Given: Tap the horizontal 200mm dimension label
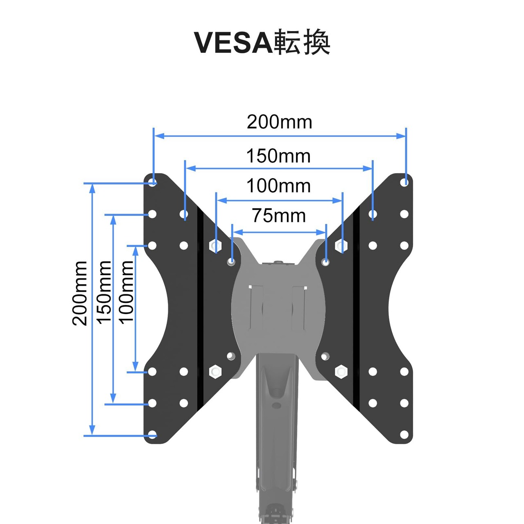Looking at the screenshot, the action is pos(279,122).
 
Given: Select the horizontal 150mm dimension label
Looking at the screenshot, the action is pos(278,156).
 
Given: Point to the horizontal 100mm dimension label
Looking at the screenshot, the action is pos(278,186).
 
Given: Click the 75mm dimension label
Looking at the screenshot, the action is pos(279,216).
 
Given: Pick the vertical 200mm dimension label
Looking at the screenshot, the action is pos(80,293).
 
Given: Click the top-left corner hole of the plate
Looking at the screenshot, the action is pos(152,182).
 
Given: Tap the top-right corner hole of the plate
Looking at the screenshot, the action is pos(404,182).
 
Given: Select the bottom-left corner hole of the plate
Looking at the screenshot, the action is pos(152,434).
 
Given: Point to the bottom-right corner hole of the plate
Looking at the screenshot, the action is pos(404,434).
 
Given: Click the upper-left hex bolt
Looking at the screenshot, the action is pos(215,246).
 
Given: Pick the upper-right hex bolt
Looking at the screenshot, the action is pos(341,246).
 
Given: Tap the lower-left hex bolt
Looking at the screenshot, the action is pos(215,372).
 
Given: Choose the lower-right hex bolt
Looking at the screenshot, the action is pos(341,372).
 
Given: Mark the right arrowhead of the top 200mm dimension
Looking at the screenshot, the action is pos(401,136).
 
